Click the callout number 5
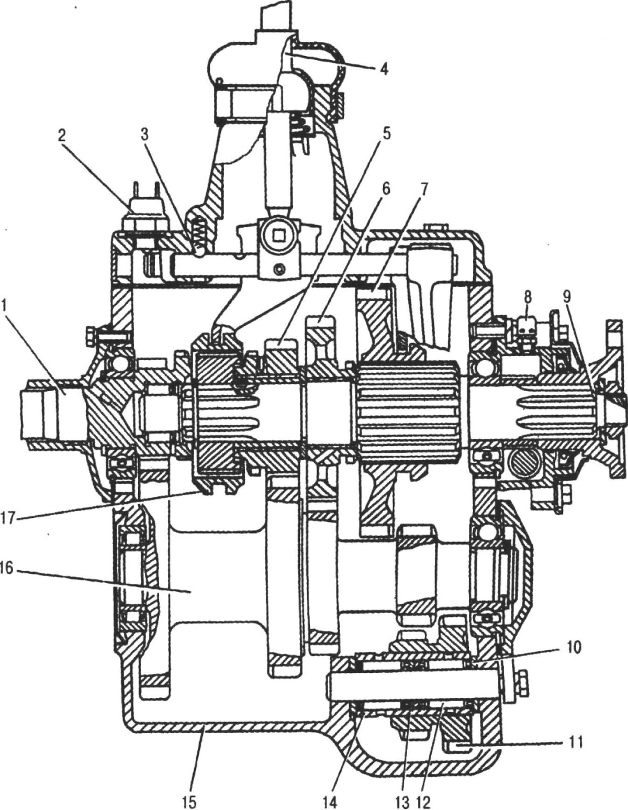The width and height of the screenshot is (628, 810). (386, 134)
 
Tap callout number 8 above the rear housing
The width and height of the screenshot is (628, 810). (528, 298)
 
